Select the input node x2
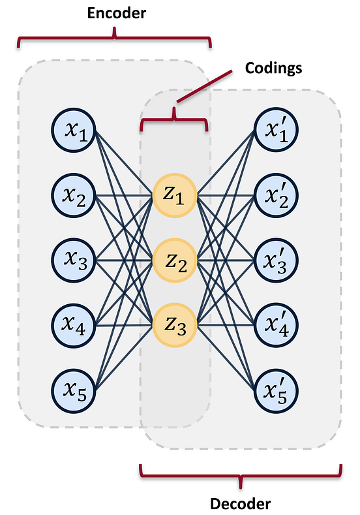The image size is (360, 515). pos(74,196)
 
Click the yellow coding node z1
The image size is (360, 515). pos(175,195)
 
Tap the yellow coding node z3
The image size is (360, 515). pos(175,322)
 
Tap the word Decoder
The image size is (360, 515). pos(240,503)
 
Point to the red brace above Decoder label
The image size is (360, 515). pos(240,475)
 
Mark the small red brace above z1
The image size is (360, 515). pos(174,120)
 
